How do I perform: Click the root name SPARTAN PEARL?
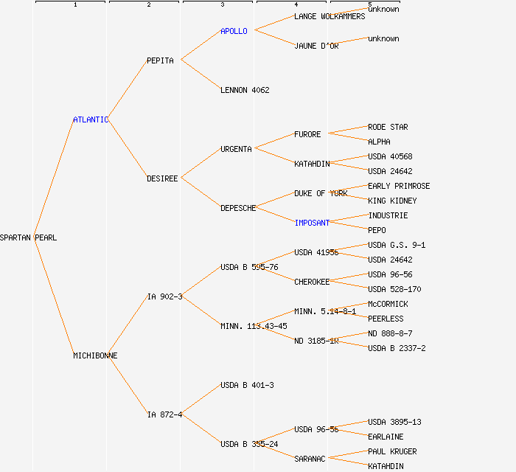(x=28, y=237)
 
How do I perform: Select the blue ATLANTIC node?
(x=91, y=119)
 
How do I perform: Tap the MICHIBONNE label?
(x=95, y=355)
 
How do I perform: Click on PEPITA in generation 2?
(x=160, y=60)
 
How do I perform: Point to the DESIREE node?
(x=162, y=178)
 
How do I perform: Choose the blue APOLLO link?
(x=234, y=31)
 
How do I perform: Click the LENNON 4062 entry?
(x=245, y=90)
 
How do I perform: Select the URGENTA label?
(x=236, y=149)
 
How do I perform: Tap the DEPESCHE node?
(x=238, y=208)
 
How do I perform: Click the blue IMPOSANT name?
(x=312, y=223)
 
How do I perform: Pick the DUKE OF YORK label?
(x=321, y=193)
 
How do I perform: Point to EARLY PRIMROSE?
(x=399, y=186)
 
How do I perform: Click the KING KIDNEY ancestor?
(x=392, y=201)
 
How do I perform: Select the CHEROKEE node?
(x=312, y=282)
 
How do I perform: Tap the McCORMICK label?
(x=388, y=304)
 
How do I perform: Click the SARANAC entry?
(x=310, y=459)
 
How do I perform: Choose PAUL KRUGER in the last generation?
(x=392, y=451)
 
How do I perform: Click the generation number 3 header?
(x=222, y=5)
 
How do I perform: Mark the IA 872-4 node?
(x=164, y=414)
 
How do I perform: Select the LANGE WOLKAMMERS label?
(x=330, y=16)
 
